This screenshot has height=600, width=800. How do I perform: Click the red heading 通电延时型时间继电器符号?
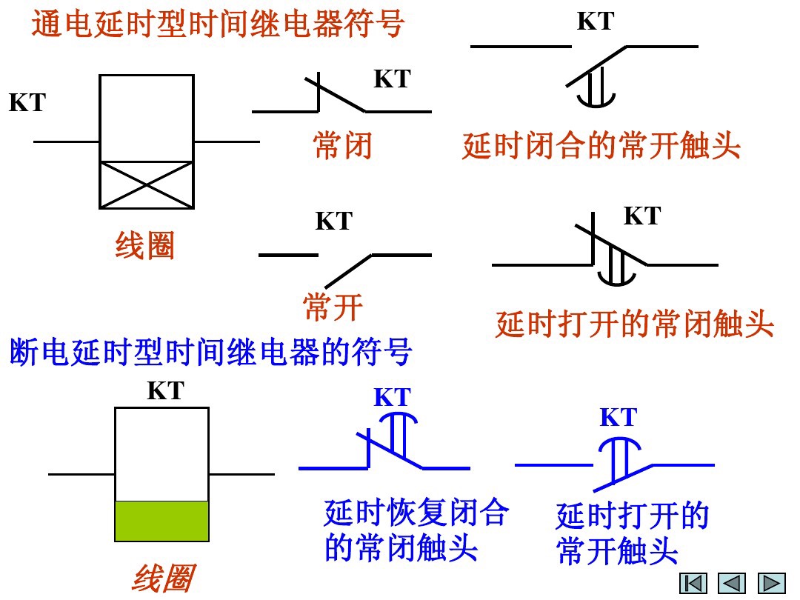217,24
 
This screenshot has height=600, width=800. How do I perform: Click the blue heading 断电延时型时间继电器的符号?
210,353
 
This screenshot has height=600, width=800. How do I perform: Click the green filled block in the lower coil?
161,521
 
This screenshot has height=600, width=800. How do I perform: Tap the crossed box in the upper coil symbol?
147,184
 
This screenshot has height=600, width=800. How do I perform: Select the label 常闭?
342,146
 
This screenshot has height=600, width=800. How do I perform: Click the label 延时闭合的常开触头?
601,146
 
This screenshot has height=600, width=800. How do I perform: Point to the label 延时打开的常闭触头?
634,324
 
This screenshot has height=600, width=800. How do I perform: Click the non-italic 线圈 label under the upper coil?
145,246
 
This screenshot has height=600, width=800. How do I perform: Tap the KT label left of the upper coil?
27,103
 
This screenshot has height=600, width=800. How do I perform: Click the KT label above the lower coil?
165,390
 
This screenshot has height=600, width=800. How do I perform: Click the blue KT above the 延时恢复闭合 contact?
392,398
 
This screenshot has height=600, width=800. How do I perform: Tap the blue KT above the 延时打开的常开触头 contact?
618,418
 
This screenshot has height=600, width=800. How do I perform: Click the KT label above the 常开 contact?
334,221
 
